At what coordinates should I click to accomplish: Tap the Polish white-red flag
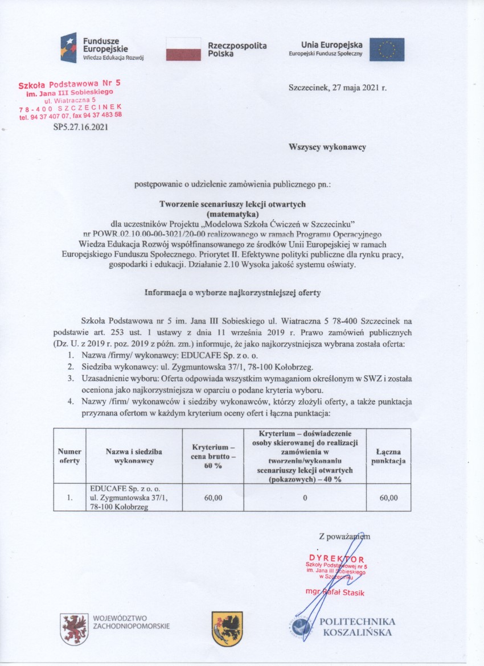coord(183,49)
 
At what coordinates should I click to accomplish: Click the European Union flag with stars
coord(387,50)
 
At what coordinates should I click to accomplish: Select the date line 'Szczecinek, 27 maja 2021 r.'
coord(338,88)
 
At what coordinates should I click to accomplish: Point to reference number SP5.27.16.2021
coord(80,128)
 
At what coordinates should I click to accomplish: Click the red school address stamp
coord(70,100)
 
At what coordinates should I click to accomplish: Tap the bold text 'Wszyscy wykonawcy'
coord(327,146)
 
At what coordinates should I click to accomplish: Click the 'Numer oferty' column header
coord(69,456)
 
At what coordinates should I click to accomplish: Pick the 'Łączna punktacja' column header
coord(389,456)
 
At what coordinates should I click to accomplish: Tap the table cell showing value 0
coord(305,498)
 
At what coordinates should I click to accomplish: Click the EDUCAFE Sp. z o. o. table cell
coord(133,498)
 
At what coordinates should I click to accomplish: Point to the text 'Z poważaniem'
coord(344,536)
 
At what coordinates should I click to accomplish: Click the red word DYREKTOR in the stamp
coord(337,558)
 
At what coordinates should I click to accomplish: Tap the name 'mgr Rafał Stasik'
coord(334,593)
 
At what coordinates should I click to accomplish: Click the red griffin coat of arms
coord(74,628)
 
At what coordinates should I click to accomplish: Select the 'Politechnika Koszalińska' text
coord(358,627)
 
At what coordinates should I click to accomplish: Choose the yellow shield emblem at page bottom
coord(227,628)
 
